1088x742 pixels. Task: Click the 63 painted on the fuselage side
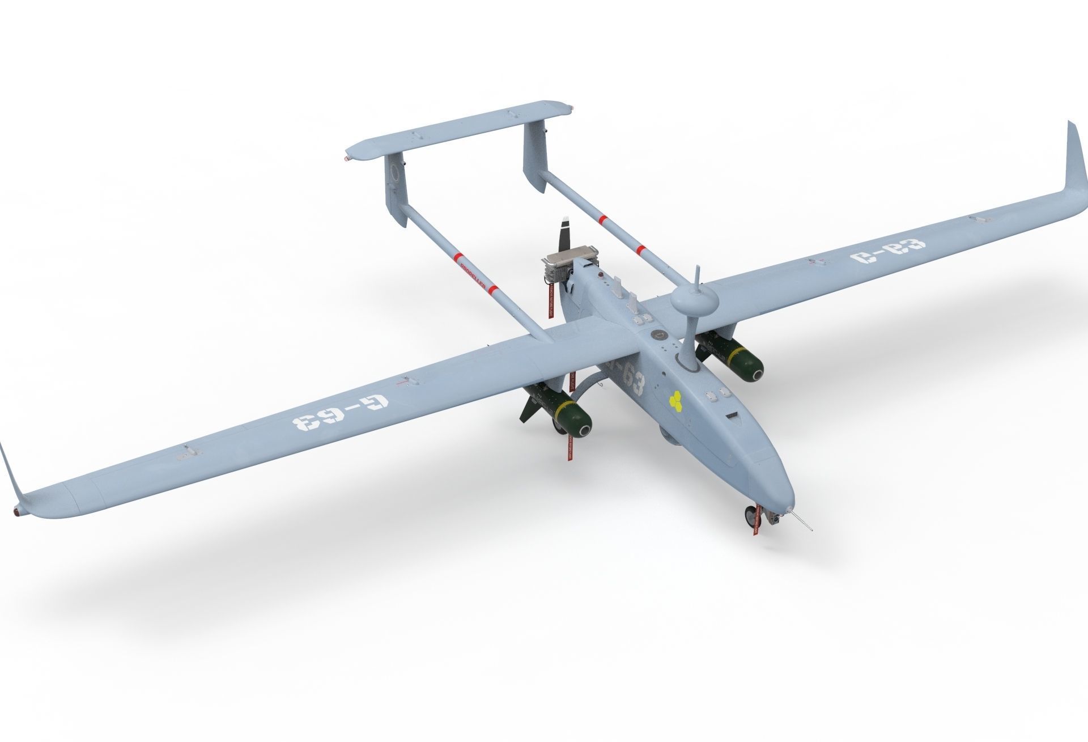(632, 378)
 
